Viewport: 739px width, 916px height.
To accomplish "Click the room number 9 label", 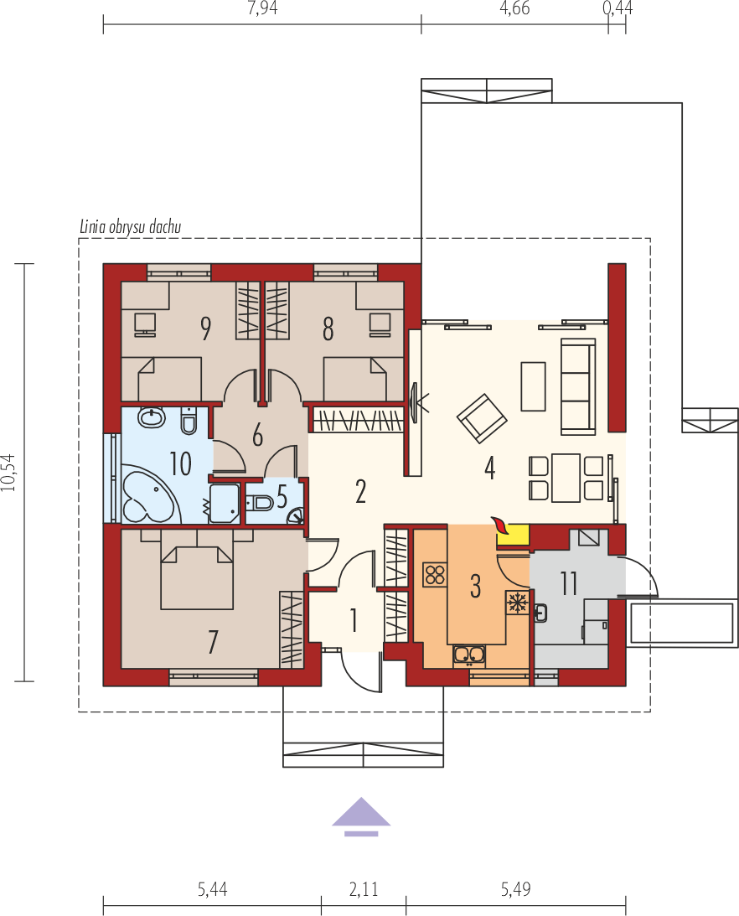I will coord(205,329).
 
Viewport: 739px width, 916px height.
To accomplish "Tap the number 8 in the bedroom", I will coord(328,329).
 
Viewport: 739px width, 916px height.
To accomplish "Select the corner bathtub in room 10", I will coord(147,498).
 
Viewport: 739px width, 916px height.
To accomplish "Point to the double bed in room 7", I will coord(196,576).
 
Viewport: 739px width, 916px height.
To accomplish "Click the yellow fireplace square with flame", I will coord(512,533).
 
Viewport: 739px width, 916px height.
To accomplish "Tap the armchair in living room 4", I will coord(482,417).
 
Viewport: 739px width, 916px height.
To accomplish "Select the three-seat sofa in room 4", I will coord(577,386).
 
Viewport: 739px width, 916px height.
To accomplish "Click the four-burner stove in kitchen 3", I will coord(434,574).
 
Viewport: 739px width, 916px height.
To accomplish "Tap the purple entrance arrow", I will coord(362,815).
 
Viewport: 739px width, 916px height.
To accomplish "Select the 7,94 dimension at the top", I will coord(262,9).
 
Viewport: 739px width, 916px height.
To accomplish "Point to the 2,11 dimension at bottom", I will coord(364,889).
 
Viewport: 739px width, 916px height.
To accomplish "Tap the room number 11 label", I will coord(570,583).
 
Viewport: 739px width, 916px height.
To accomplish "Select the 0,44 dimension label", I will coord(618,9).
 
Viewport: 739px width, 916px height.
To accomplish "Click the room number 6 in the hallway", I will coord(256,435).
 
